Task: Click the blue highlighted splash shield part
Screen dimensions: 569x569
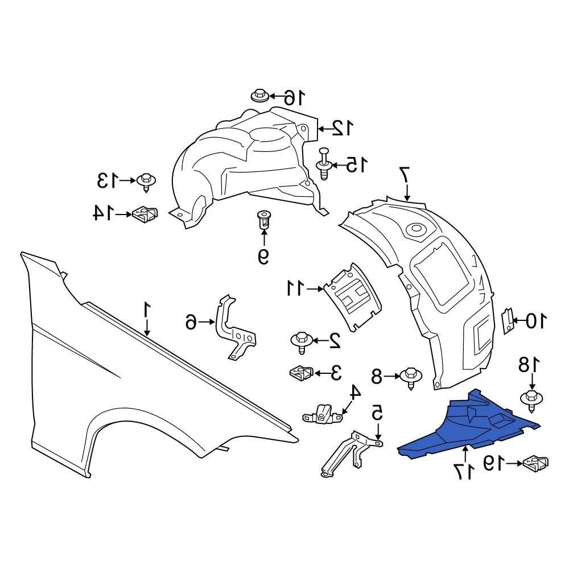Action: click(468, 428)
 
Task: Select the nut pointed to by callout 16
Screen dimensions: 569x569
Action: click(259, 96)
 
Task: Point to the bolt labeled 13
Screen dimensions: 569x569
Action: click(147, 183)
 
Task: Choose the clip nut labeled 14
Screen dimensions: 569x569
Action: click(146, 214)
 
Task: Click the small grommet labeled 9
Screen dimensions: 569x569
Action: click(263, 220)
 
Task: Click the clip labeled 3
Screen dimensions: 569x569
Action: click(301, 373)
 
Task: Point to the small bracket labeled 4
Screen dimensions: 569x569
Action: click(323, 414)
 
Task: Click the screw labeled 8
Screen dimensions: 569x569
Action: click(411, 378)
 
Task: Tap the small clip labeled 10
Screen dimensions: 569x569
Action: click(508, 321)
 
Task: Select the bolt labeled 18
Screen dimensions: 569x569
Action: click(531, 400)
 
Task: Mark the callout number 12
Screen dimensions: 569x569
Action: click(342, 128)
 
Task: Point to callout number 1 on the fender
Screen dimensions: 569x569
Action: click(147, 311)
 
